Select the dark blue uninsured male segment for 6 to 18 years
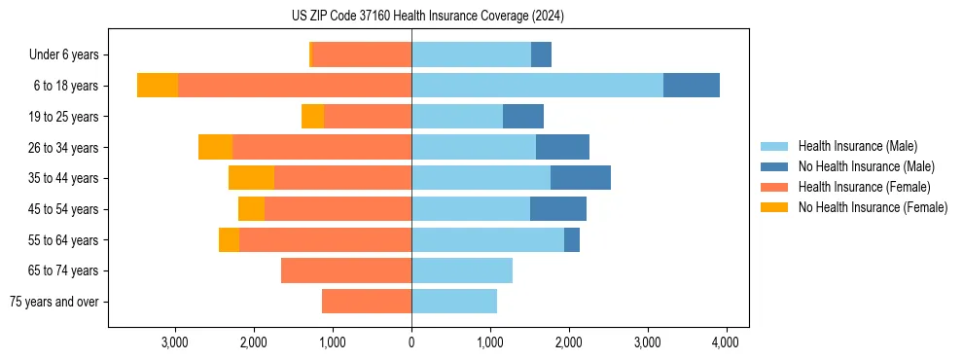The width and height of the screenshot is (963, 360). pyautogui.click(x=691, y=86)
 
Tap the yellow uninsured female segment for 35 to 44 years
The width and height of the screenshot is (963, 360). pyautogui.click(x=251, y=178)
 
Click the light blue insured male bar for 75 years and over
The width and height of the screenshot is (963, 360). pyautogui.click(x=454, y=302)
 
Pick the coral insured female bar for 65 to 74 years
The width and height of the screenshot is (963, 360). pyautogui.click(x=346, y=270)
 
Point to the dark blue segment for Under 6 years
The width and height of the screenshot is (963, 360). pyautogui.click(x=541, y=54)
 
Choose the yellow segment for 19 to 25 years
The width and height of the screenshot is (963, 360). pyautogui.click(x=312, y=117)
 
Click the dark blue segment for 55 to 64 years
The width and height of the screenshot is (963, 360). pyautogui.click(x=572, y=239)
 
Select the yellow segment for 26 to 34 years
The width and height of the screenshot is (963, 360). pyautogui.click(x=215, y=147)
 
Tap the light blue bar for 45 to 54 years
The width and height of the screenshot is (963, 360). pyautogui.click(x=471, y=209)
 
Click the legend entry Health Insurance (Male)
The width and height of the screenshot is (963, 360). pyautogui.click(x=857, y=146)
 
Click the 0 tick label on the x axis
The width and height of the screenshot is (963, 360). pyautogui.click(x=411, y=342)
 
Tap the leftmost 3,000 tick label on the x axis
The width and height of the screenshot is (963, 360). pyautogui.click(x=175, y=342)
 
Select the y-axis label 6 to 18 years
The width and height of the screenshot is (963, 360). pyautogui.click(x=65, y=86)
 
